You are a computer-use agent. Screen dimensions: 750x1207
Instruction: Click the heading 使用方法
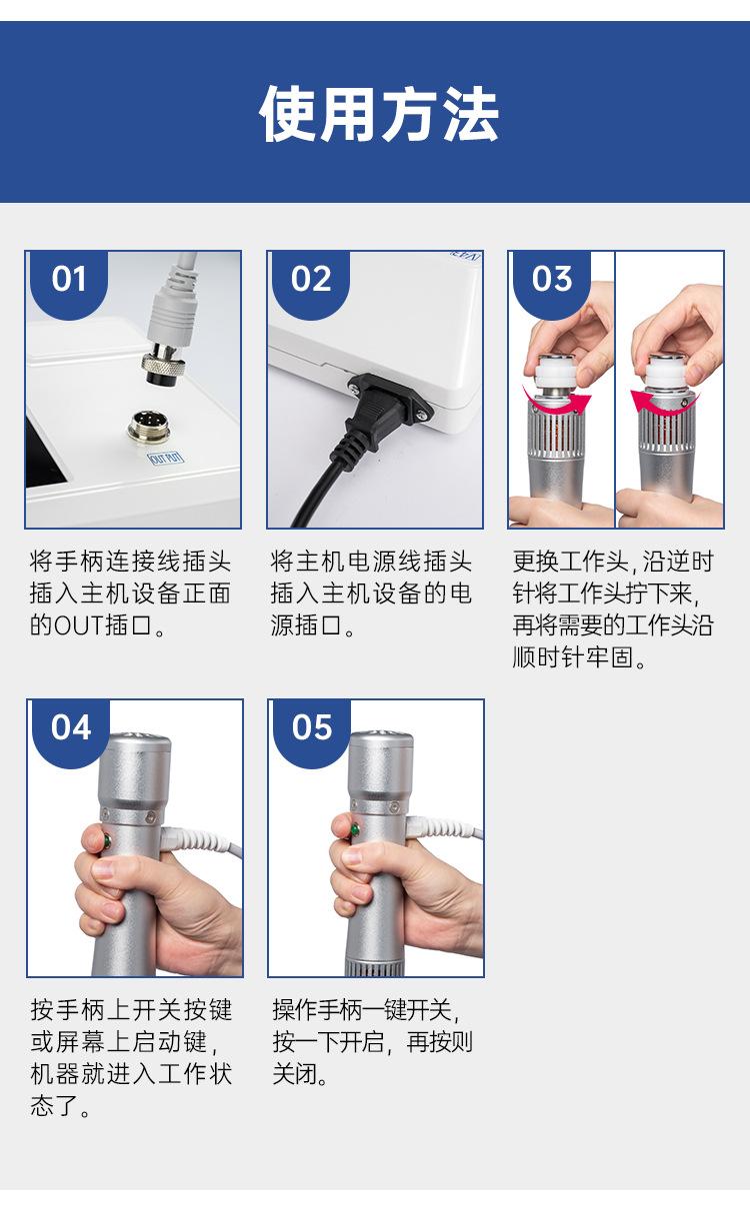click(379, 114)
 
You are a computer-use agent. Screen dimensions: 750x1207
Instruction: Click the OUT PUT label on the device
click(166, 459)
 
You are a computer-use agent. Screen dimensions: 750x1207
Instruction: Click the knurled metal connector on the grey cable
click(165, 366)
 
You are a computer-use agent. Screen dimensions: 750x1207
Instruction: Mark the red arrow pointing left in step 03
click(665, 403)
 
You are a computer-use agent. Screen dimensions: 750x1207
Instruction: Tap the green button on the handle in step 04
click(107, 840)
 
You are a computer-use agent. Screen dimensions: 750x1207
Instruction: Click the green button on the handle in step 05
click(354, 829)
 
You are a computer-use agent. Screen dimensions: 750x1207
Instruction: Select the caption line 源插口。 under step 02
click(312, 625)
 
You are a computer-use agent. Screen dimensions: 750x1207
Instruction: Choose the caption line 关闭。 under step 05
click(300, 1084)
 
